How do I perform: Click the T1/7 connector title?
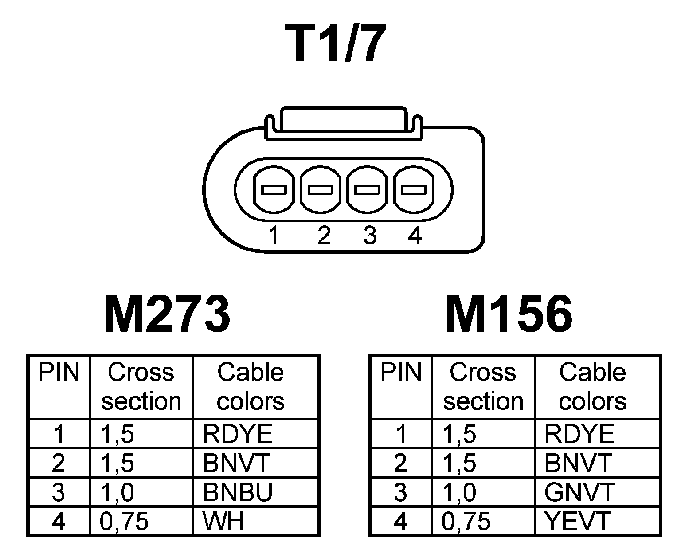336,44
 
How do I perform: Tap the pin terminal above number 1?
274,189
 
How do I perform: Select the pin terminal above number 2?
321,189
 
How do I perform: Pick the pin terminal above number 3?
367,189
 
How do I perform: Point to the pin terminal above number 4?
414,189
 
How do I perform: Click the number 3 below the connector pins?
369,235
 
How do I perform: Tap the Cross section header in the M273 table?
141,386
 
